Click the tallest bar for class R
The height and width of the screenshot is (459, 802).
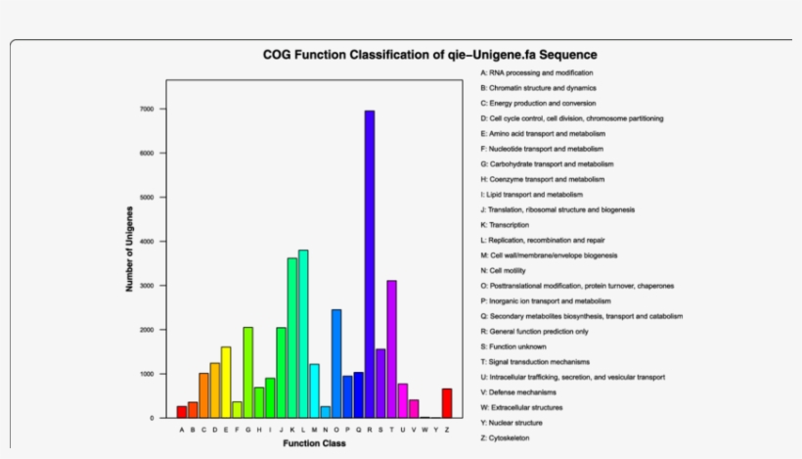(370, 264)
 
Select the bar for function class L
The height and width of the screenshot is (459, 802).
(303, 334)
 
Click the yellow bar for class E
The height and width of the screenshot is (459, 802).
(226, 383)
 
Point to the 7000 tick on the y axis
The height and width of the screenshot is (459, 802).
(148, 109)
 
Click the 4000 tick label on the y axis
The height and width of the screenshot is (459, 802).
(148, 242)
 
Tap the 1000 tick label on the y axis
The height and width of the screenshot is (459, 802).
(148, 374)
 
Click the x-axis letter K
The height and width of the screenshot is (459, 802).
(291, 429)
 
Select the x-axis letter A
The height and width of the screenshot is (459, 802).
(182, 429)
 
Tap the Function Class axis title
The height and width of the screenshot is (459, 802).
(314, 443)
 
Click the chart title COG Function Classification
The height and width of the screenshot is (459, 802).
(429, 55)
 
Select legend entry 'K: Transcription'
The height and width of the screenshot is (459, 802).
(508, 225)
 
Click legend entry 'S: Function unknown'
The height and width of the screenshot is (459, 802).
(515, 346)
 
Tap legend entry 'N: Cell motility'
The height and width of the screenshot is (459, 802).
(509, 270)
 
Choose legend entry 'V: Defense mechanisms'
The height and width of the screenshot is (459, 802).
(520, 391)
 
